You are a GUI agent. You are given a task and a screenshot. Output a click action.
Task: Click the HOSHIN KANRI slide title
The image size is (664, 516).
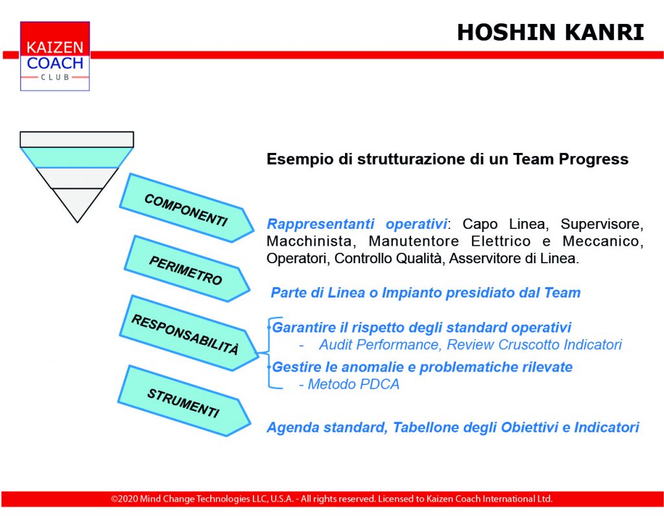[551, 32]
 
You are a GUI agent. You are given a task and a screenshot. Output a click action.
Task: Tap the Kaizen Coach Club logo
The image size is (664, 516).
[55, 56]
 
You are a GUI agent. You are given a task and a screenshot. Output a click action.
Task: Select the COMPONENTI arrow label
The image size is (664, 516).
[186, 210]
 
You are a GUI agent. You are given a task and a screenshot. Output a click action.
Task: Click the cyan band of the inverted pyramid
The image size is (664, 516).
[77, 158]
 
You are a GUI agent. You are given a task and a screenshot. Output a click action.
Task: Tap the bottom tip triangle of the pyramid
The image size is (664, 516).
[77, 204]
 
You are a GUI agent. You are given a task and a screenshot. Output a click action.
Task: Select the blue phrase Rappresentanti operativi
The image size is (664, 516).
[357, 224]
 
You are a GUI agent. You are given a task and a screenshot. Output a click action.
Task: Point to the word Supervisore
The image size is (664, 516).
[602, 224]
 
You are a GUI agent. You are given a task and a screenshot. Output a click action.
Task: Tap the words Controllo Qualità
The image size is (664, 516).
[388, 258]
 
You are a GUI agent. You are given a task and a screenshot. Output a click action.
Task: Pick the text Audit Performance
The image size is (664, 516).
[379, 345]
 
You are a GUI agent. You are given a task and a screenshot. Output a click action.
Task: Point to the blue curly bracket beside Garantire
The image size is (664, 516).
[268, 352]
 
